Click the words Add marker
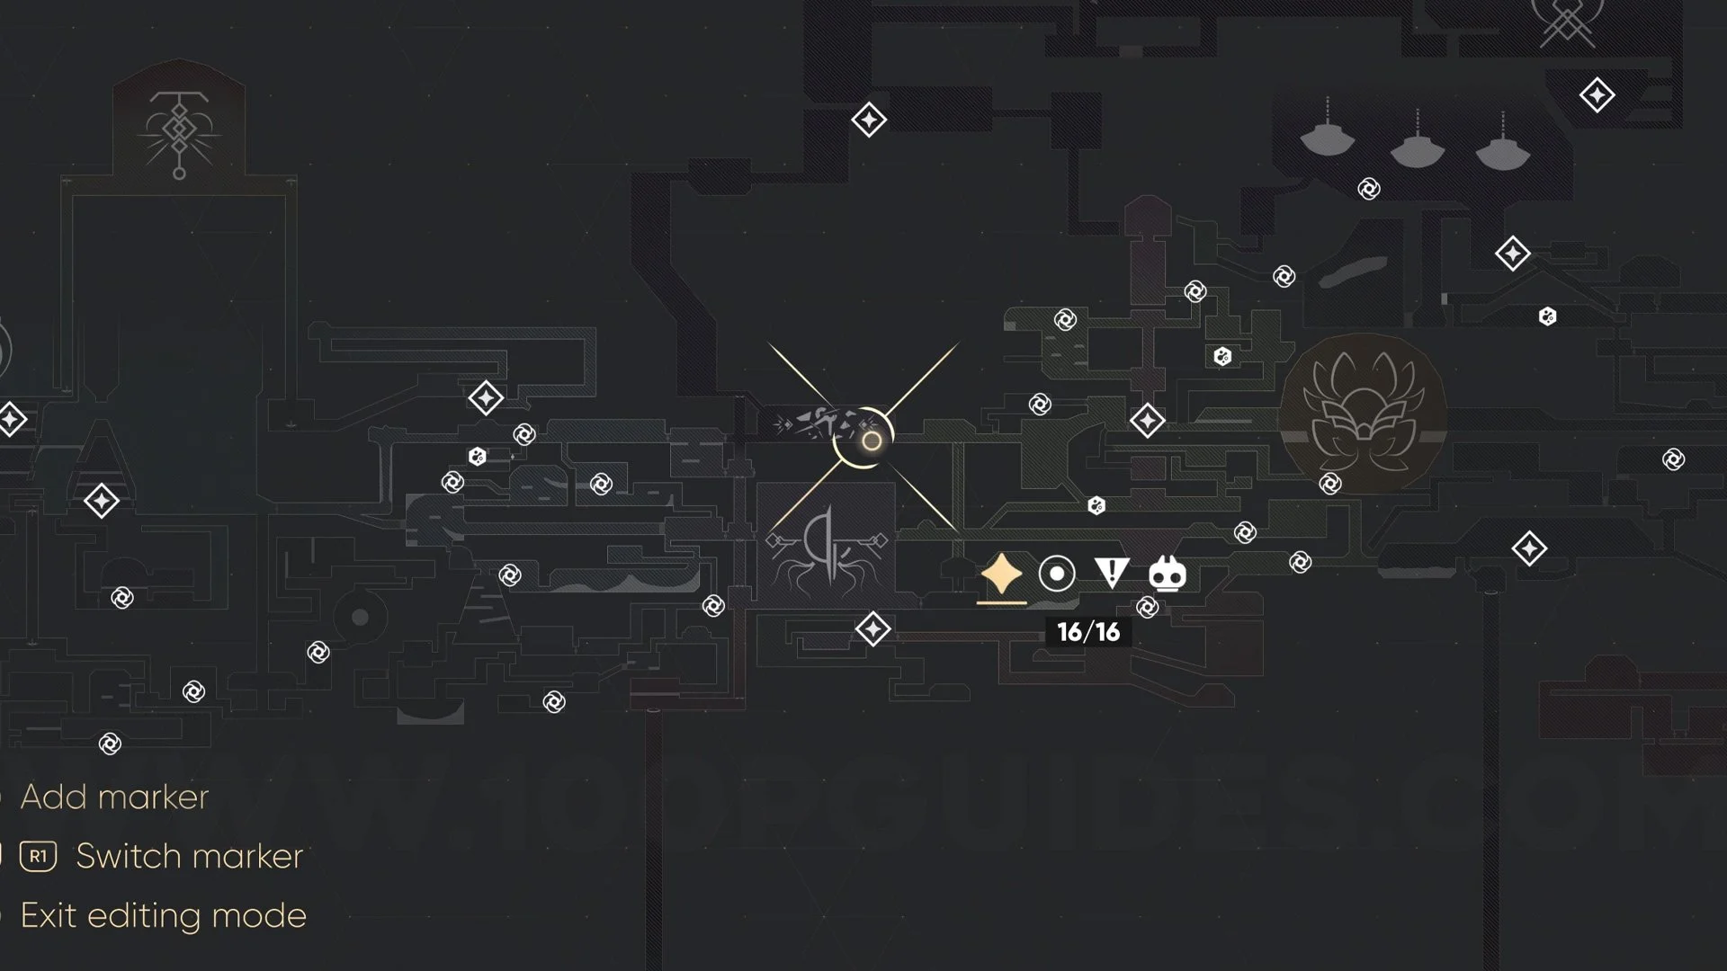(114, 797)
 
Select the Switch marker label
(189, 856)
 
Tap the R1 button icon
(38, 856)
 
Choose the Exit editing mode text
(163, 915)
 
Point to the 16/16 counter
(1088, 632)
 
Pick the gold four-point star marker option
(1001, 574)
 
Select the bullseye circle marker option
(1057, 574)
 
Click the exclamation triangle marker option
(1112, 573)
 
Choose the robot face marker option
(1168, 574)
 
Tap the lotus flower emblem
(1362, 415)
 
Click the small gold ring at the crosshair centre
(871, 441)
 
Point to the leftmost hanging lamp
(1328, 136)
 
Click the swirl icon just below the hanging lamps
(1369, 189)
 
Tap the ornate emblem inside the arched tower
(179, 134)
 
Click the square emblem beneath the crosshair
(826, 549)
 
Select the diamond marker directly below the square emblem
(872, 629)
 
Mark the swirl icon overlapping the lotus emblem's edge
(1330, 485)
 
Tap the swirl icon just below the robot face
(1148, 608)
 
